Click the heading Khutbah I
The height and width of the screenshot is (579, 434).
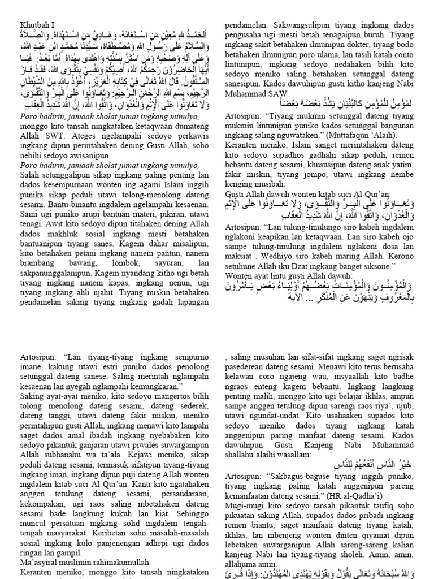35,25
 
